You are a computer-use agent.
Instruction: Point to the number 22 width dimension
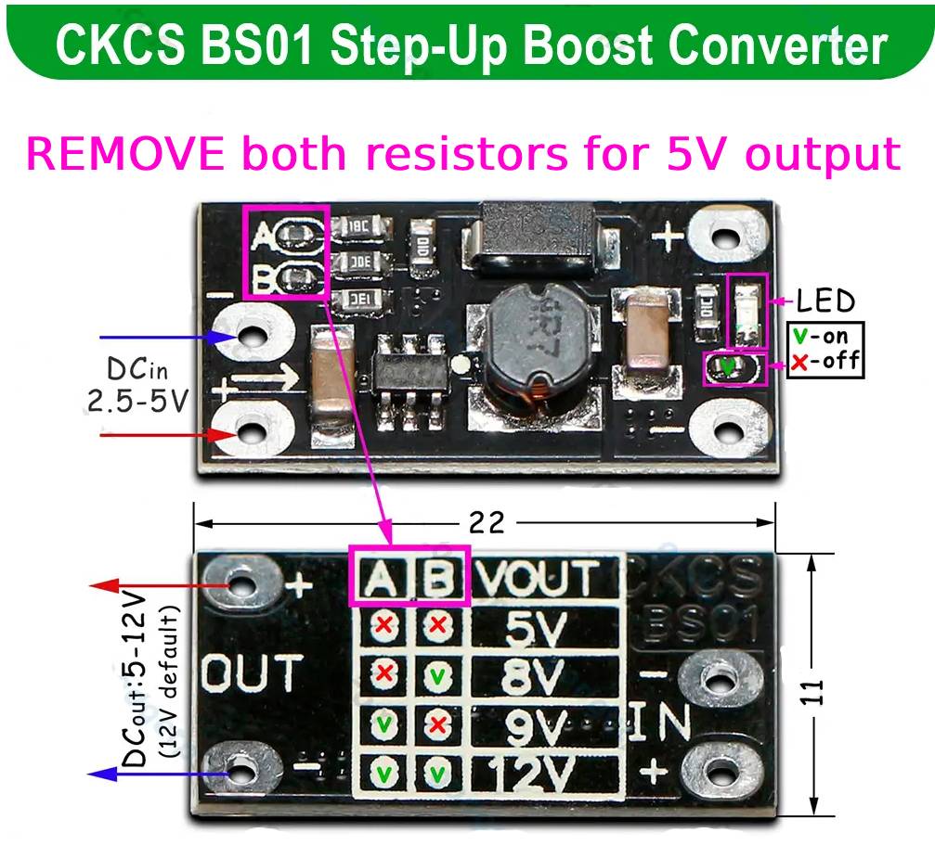pyautogui.click(x=486, y=522)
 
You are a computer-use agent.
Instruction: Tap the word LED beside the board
pyautogui.click(x=825, y=301)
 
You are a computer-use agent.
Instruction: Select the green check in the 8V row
pyautogui.click(x=435, y=675)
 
